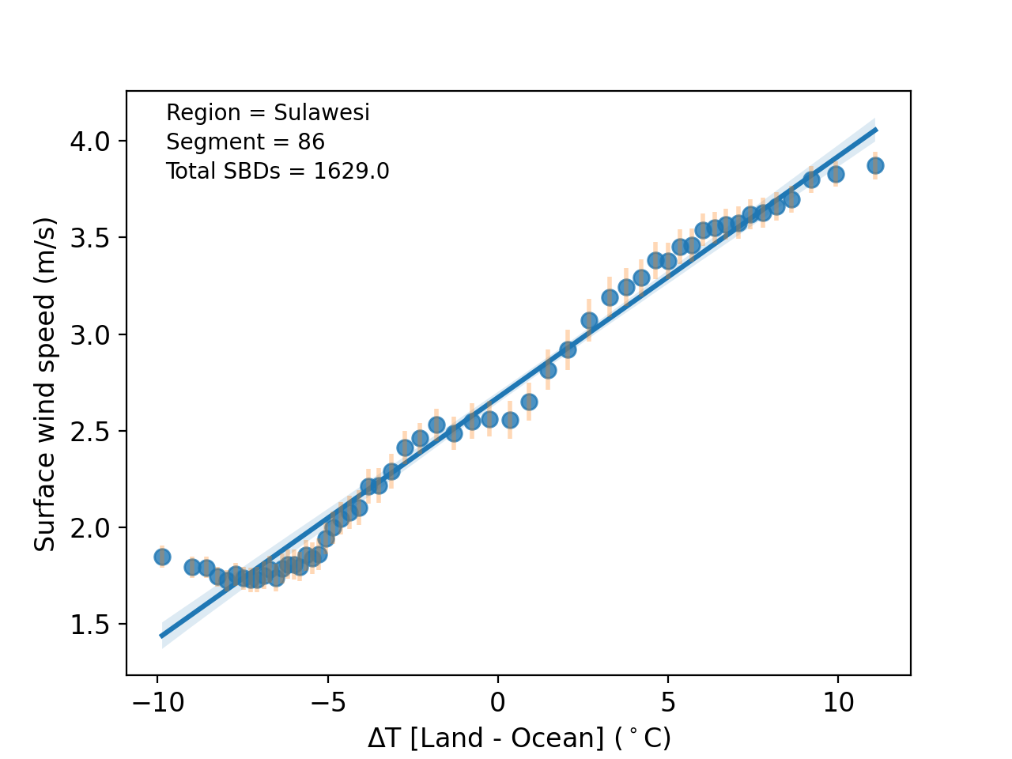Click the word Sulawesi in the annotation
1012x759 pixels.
322,113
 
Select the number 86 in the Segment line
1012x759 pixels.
311,142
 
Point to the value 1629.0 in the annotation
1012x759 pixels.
351,172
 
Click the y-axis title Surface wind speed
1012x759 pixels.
45,384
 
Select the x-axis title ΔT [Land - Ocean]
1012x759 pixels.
519,738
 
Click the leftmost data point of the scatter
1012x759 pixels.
162,557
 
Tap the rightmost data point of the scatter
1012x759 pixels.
875,165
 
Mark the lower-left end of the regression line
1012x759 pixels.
161,636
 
